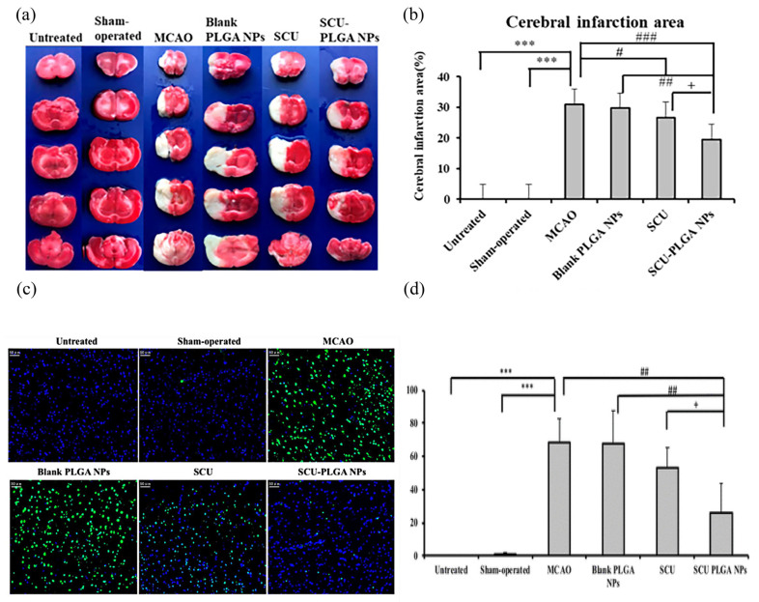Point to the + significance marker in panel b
690,85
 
